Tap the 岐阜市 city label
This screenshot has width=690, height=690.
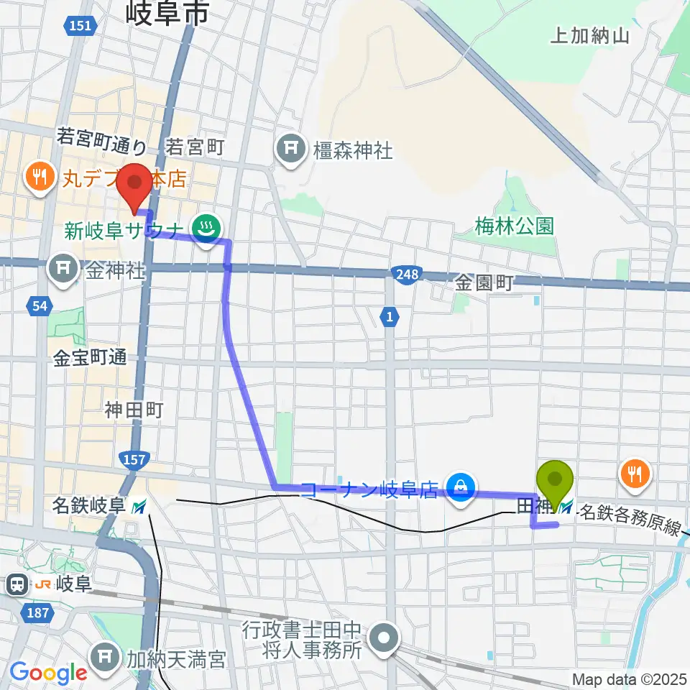(167, 12)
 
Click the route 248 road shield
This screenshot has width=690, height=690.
(403, 274)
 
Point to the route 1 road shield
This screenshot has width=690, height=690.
(389, 316)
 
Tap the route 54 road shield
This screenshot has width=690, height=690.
(40, 307)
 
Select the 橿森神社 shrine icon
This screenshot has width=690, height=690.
(290, 149)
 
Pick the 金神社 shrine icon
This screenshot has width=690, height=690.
(63, 270)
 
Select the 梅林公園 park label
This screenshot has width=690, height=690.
(515, 226)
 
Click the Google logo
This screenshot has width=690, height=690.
(48, 673)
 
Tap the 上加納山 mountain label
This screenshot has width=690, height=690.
(589, 36)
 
